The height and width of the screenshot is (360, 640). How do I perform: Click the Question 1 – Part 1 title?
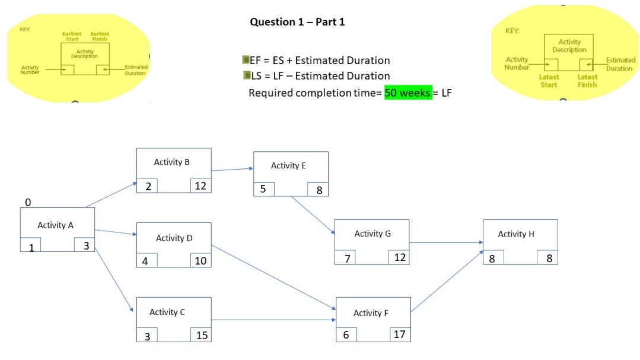coord(297,22)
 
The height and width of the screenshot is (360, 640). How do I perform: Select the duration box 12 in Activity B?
coord(200,186)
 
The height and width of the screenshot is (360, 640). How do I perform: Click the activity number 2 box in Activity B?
coord(147,186)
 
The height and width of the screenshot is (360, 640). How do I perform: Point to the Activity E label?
coord(288,165)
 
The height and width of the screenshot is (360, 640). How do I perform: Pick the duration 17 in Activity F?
coord(400,334)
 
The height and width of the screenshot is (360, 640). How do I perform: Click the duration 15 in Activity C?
coord(202,335)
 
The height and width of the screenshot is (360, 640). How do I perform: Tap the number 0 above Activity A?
coord(28,203)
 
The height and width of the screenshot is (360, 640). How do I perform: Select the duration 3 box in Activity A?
coord(85,246)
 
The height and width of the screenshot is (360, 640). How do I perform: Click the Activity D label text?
coord(174,238)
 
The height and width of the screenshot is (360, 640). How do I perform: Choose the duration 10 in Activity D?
coord(200,260)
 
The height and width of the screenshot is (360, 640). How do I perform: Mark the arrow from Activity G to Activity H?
coord(445,242)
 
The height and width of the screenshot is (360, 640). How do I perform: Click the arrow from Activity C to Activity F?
coord(273,320)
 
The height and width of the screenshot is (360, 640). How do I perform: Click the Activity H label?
coord(516,234)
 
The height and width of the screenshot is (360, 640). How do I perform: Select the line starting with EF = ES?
coord(319,60)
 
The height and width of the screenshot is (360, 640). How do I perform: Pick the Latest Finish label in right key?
coord(587,81)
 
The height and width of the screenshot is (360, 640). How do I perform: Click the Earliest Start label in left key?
coord(72,36)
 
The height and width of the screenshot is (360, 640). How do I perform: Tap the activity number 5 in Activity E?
coord(263,189)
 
